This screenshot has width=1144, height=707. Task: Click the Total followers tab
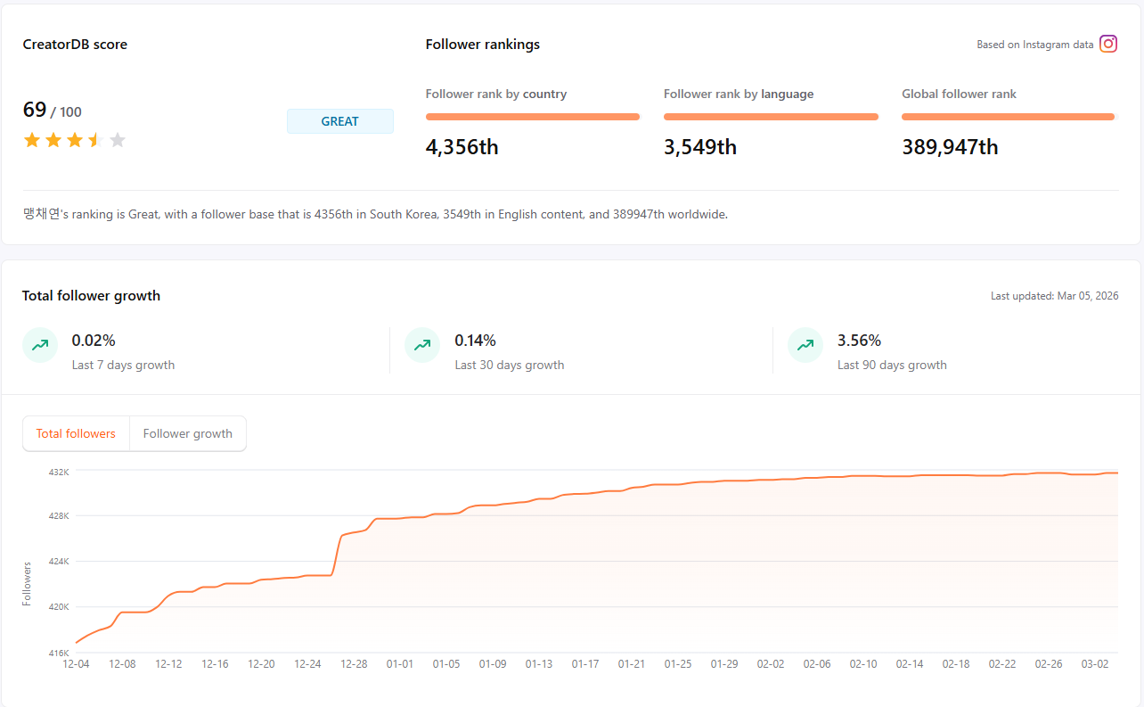[x=76, y=434]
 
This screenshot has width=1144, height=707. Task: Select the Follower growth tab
[x=187, y=434]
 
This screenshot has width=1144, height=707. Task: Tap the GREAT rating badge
[x=339, y=121]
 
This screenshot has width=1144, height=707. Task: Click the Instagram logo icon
[x=1108, y=44]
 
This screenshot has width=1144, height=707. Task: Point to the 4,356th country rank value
[x=462, y=147]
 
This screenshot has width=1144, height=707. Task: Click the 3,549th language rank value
[x=699, y=147]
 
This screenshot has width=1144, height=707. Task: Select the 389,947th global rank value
[x=949, y=147]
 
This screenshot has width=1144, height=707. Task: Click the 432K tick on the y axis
[x=59, y=471]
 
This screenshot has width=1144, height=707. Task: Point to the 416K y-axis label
[x=59, y=653]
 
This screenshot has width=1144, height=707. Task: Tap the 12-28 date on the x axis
[x=354, y=664]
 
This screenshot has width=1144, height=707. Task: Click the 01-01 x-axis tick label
[x=400, y=664]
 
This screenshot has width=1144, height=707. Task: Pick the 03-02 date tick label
[x=1095, y=664]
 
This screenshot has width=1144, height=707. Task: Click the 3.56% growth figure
[x=859, y=341]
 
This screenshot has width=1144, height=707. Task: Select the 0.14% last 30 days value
[x=475, y=341]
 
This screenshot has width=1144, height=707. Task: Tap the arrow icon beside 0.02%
[x=40, y=345]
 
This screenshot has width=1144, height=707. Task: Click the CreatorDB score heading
[x=75, y=45]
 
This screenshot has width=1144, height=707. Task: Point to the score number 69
[x=35, y=110]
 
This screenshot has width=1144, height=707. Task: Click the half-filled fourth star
[x=95, y=140]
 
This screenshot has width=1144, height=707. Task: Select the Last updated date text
[x=1054, y=296]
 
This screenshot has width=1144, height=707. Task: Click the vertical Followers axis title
[x=28, y=584]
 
